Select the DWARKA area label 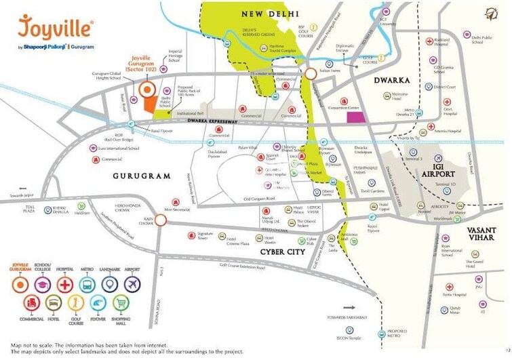click(x=393, y=81)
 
